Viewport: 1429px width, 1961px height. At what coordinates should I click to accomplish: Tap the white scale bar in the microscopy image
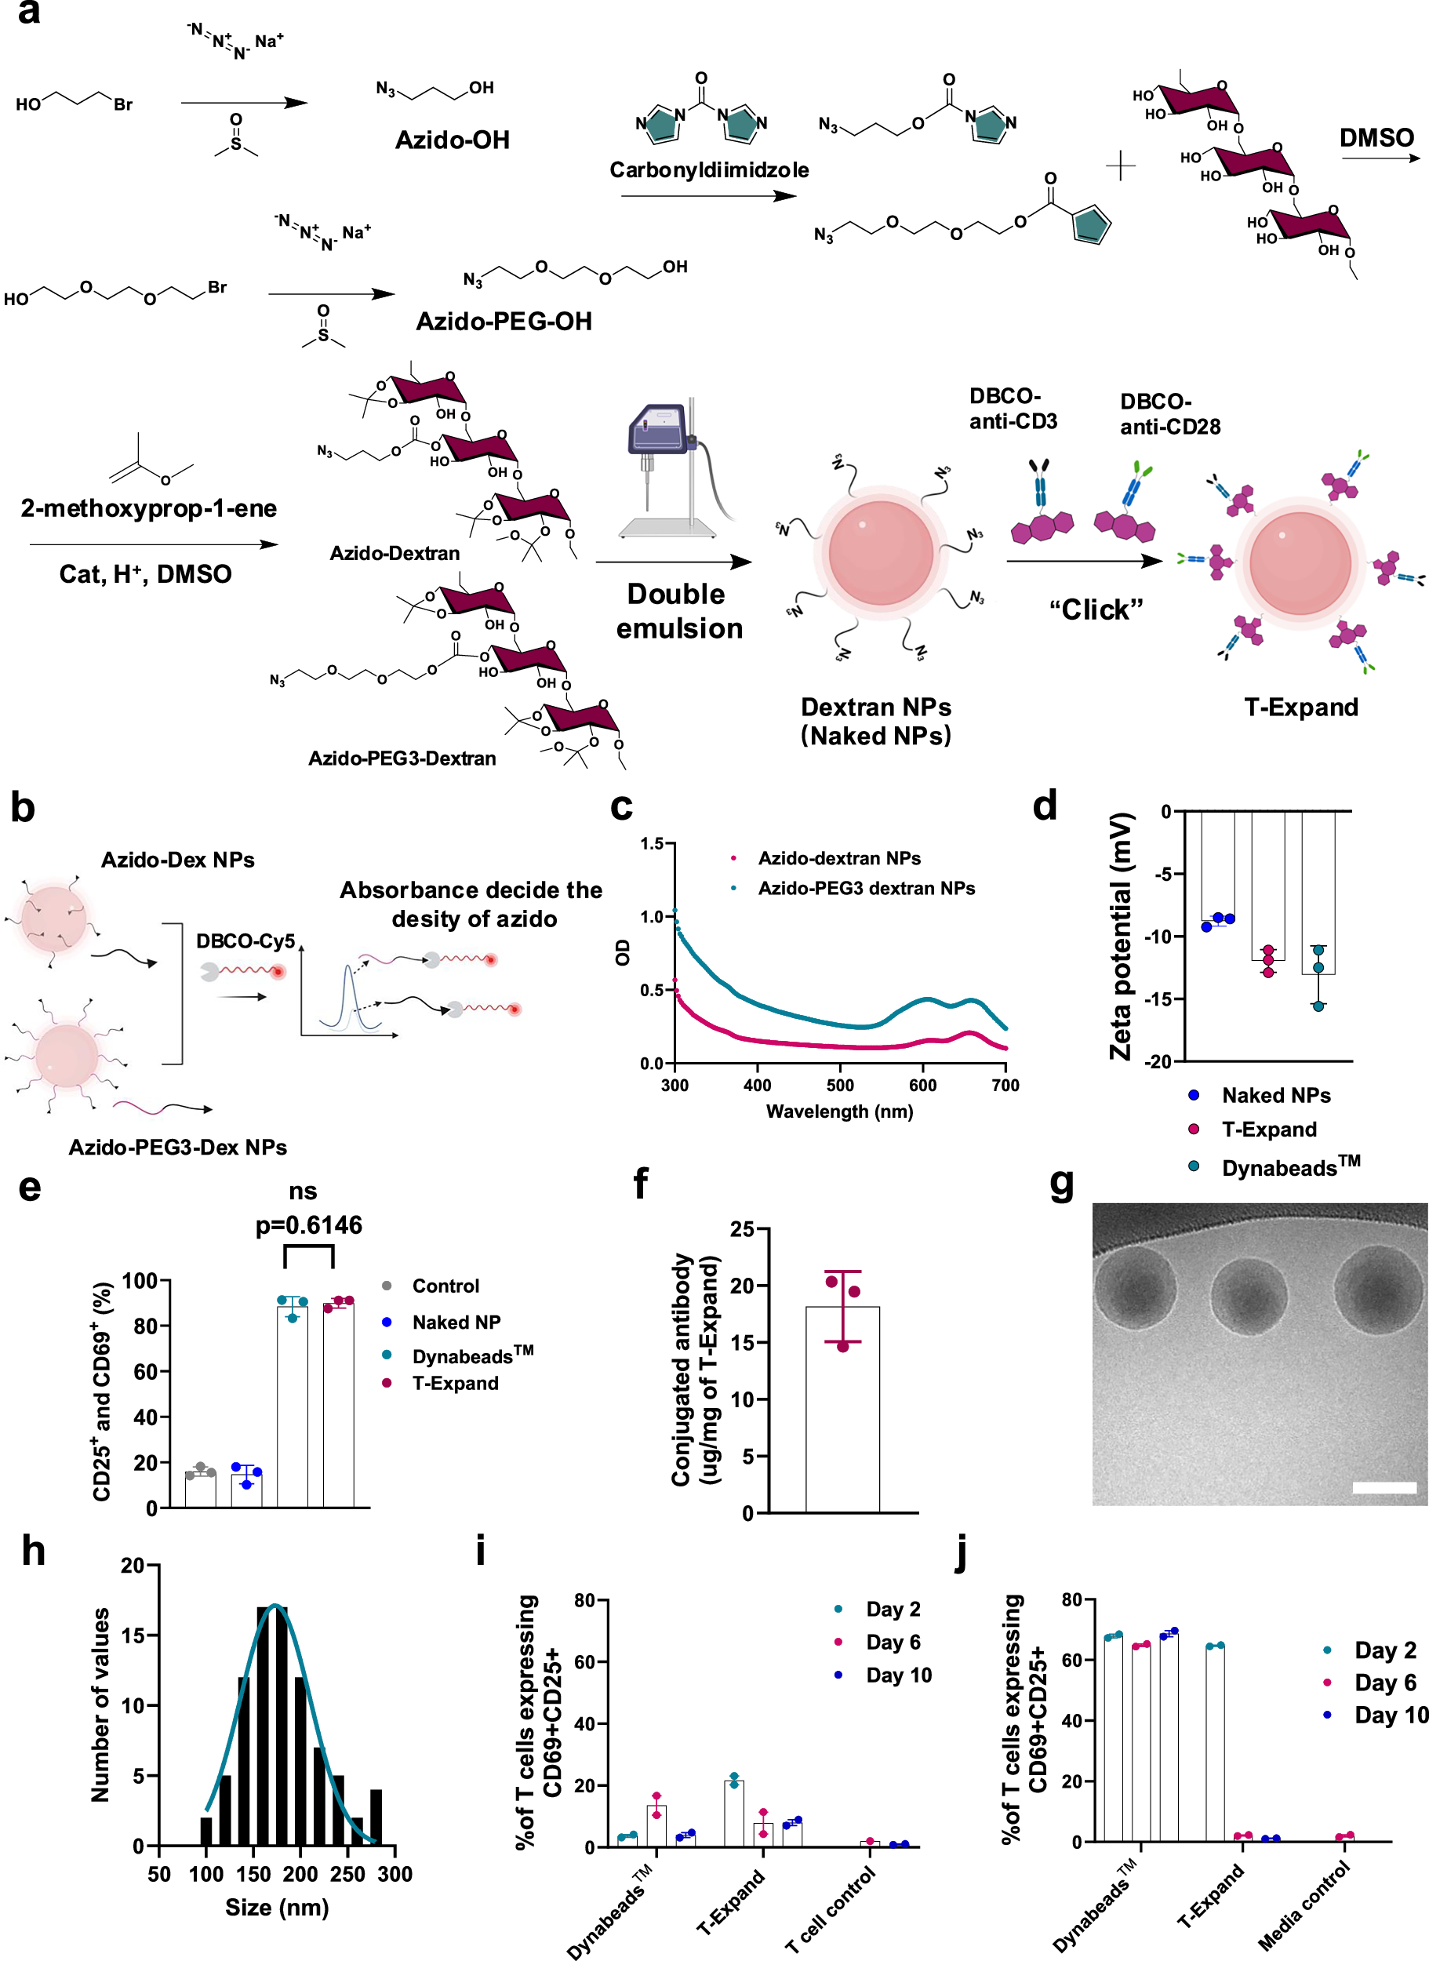click(1384, 1487)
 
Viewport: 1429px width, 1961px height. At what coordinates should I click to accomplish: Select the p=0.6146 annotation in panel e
click(309, 1225)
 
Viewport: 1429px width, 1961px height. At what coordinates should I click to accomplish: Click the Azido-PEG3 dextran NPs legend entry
click(866, 889)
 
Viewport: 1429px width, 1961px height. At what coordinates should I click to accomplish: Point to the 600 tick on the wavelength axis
click(922, 1085)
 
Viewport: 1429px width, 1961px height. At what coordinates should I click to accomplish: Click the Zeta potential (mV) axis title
click(1121, 936)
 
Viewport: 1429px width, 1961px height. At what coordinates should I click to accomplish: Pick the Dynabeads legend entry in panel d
click(1289, 1167)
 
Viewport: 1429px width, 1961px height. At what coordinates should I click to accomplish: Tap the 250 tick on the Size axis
click(347, 1874)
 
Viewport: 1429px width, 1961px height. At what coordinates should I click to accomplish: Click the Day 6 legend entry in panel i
click(893, 1642)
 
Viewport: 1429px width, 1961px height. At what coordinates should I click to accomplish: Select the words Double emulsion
click(679, 611)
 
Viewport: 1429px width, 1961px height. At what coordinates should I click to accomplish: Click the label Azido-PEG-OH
click(504, 322)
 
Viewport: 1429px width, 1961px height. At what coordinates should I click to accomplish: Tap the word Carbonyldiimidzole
click(709, 169)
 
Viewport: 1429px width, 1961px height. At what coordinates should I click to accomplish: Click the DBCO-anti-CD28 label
click(1169, 413)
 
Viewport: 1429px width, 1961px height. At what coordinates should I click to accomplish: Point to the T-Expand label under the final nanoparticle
click(1300, 707)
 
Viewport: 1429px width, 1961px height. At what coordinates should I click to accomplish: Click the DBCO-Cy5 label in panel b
click(245, 940)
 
